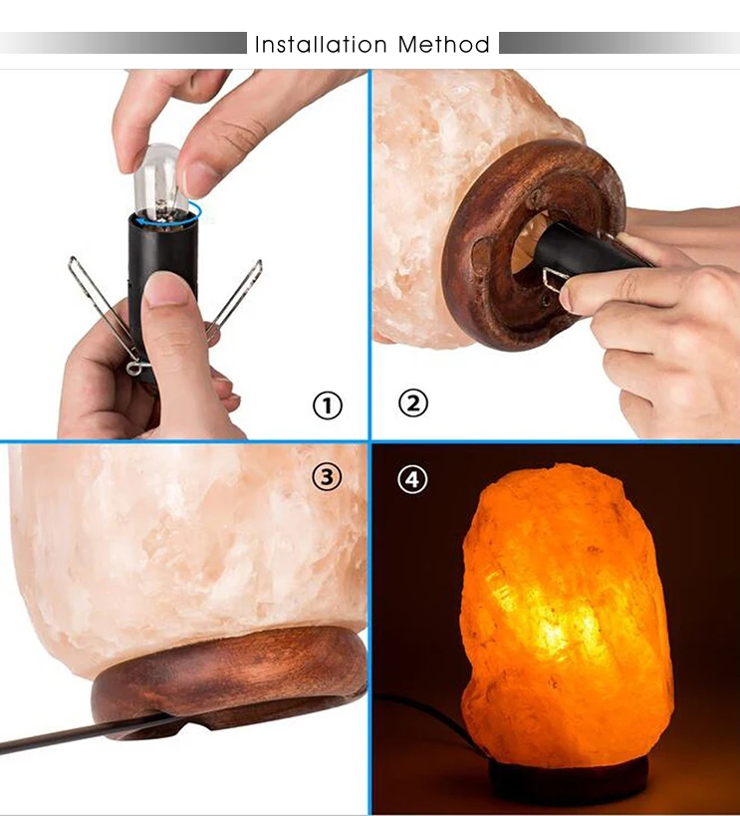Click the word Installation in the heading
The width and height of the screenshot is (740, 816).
pyautogui.click(x=321, y=45)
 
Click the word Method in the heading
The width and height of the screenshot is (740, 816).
pyautogui.click(x=443, y=45)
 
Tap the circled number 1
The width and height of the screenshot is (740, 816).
pyautogui.click(x=327, y=406)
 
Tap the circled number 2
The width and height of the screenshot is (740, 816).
pyautogui.click(x=413, y=403)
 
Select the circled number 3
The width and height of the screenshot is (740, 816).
pyautogui.click(x=327, y=476)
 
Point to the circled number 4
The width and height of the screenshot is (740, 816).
pyautogui.click(x=412, y=479)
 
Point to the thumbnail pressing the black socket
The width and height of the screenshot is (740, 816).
pyautogui.click(x=165, y=289)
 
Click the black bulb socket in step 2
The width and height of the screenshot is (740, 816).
pyautogui.click(x=588, y=252)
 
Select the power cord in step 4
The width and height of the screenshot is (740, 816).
pyautogui.click(x=428, y=717)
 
